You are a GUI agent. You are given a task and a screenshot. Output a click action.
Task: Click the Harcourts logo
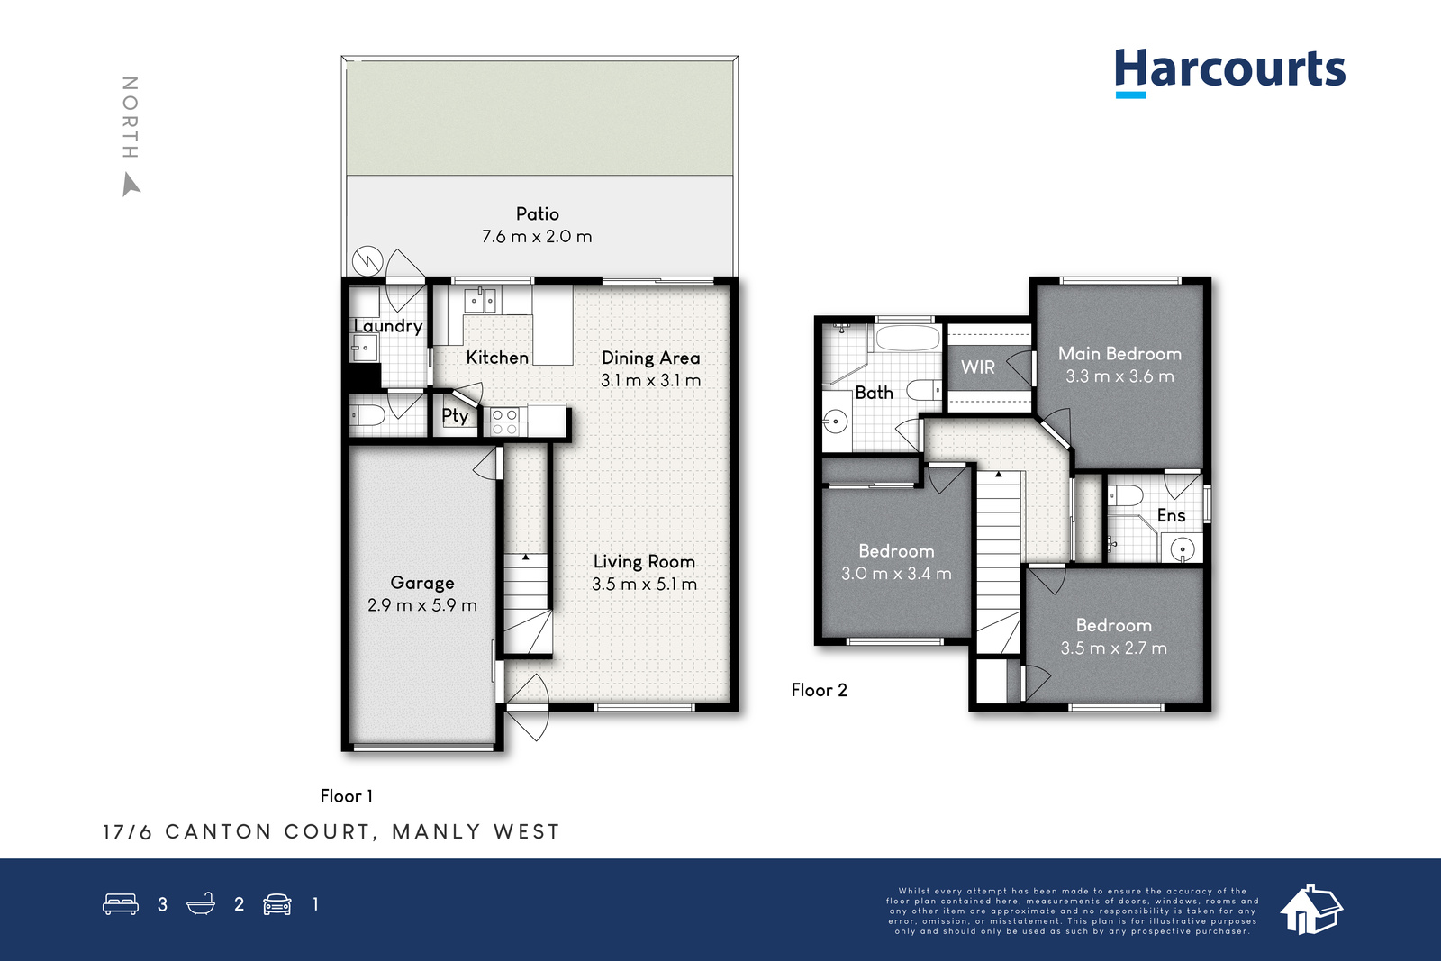[x=1230, y=72]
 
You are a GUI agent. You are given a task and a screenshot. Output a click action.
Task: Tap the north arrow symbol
[x=131, y=184]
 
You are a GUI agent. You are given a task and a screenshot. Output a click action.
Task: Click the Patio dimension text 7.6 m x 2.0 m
[x=537, y=237]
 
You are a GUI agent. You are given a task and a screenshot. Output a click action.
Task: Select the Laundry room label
[x=388, y=326]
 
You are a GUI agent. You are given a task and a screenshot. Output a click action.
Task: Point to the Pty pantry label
[x=455, y=416]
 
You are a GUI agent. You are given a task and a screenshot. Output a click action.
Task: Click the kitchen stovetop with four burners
[x=504, y=422]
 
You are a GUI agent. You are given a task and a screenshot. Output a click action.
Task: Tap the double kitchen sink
[x=480, y=301]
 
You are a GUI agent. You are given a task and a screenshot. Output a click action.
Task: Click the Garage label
[x=422, y=583]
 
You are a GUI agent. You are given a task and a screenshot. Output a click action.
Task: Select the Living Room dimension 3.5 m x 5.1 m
[x=644, y=584]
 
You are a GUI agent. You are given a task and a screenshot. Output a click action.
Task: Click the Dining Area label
[x=650, y=358]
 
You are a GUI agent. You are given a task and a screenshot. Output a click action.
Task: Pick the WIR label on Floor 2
[x=978, y=367]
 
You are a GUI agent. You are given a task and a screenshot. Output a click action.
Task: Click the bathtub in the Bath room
[x=907, y=338]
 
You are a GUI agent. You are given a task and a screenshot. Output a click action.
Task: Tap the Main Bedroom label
[x=1119, y=354]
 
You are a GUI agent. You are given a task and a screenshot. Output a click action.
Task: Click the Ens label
[x=1171, y=515]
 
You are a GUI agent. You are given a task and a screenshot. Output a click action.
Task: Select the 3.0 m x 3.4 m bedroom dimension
[x=896, y=573]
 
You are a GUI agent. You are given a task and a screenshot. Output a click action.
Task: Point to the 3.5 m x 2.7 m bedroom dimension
[x=1113, y=648]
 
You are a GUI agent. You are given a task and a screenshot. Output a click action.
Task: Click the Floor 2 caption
[x=819, y=690]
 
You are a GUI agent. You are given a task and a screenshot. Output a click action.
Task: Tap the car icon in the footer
[x=277, y=904]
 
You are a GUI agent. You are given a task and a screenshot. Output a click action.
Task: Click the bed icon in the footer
[x=121, y=903]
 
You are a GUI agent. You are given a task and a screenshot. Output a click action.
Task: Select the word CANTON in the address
[x=219, y=831]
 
